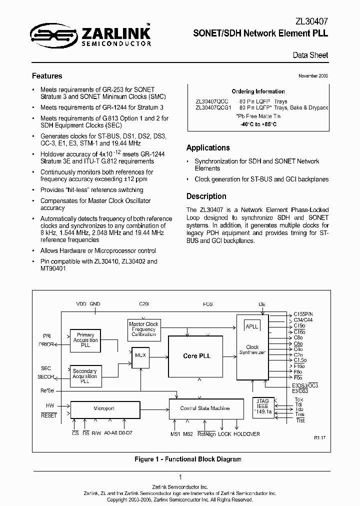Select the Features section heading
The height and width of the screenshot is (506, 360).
[x=47, y=76]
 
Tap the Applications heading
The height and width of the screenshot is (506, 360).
[x=208, y=147]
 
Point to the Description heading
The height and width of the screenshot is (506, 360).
[x=206, y=196]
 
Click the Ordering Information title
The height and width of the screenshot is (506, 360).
[x=258, y=91]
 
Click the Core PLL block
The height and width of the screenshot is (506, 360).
[x=196, y=356]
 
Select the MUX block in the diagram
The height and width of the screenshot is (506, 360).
[x=140, y=355]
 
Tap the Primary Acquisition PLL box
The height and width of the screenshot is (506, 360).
[x=85, y=340]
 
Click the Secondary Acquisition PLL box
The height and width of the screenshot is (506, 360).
[x=84, y=375]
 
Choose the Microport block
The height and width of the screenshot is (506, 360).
[x=104, y=408]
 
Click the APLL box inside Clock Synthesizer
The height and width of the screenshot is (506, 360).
[x=252, y=326]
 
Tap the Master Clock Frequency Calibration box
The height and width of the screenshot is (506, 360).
[x=144, y=329]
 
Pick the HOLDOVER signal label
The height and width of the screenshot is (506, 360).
[x=246, y=434]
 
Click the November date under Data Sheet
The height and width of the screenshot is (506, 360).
[x=313, y=75]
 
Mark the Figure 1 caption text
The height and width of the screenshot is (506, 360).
[x=188, y=459]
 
